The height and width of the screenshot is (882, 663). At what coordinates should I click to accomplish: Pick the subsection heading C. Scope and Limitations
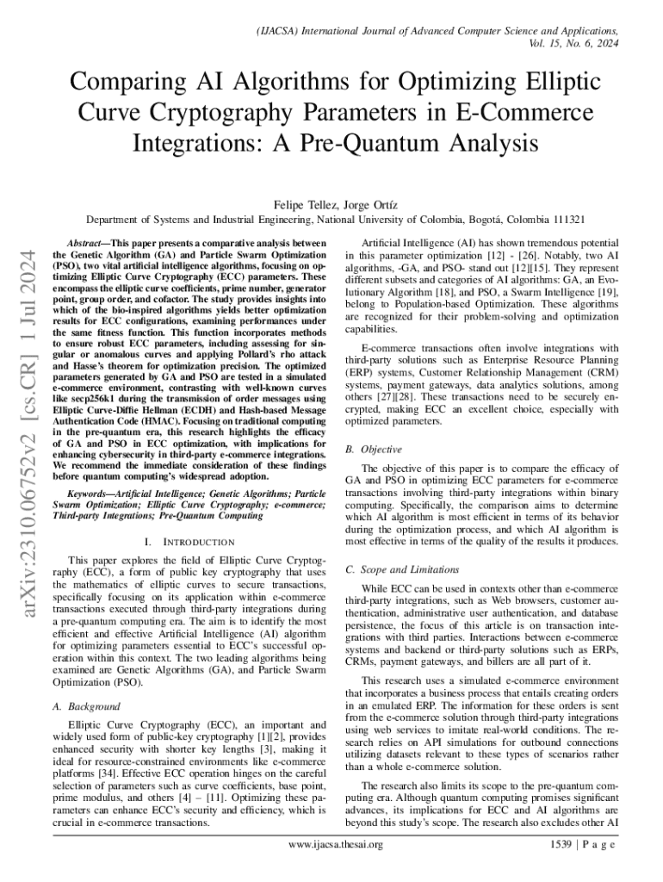(401, 569)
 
